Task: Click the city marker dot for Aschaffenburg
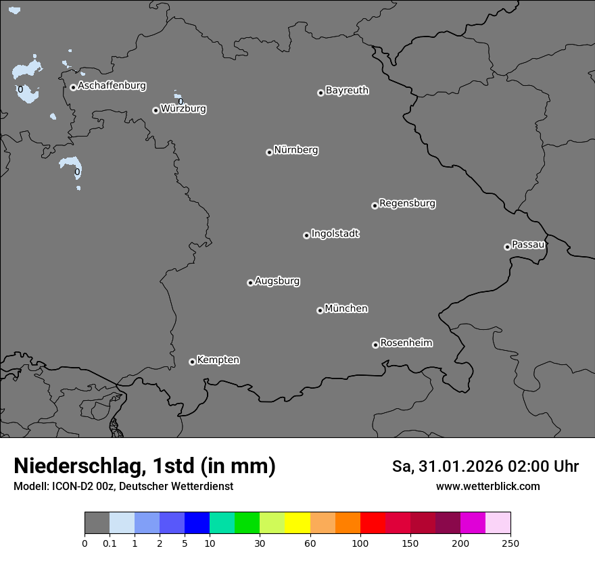[73, 87]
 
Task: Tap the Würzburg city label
[183, 109]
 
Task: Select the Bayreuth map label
[347, 91]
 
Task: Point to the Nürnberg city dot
[269, 152]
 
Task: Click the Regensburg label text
[407, 203]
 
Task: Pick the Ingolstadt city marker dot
[306, 235]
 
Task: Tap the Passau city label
[528, 245]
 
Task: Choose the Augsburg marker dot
[250, 283]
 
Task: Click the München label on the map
[346, 309]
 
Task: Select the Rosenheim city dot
[375, 345]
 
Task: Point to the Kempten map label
[218, 360]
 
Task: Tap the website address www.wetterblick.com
[487, 487]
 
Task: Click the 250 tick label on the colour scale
[510, 543]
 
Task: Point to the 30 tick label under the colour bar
[260, 543]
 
